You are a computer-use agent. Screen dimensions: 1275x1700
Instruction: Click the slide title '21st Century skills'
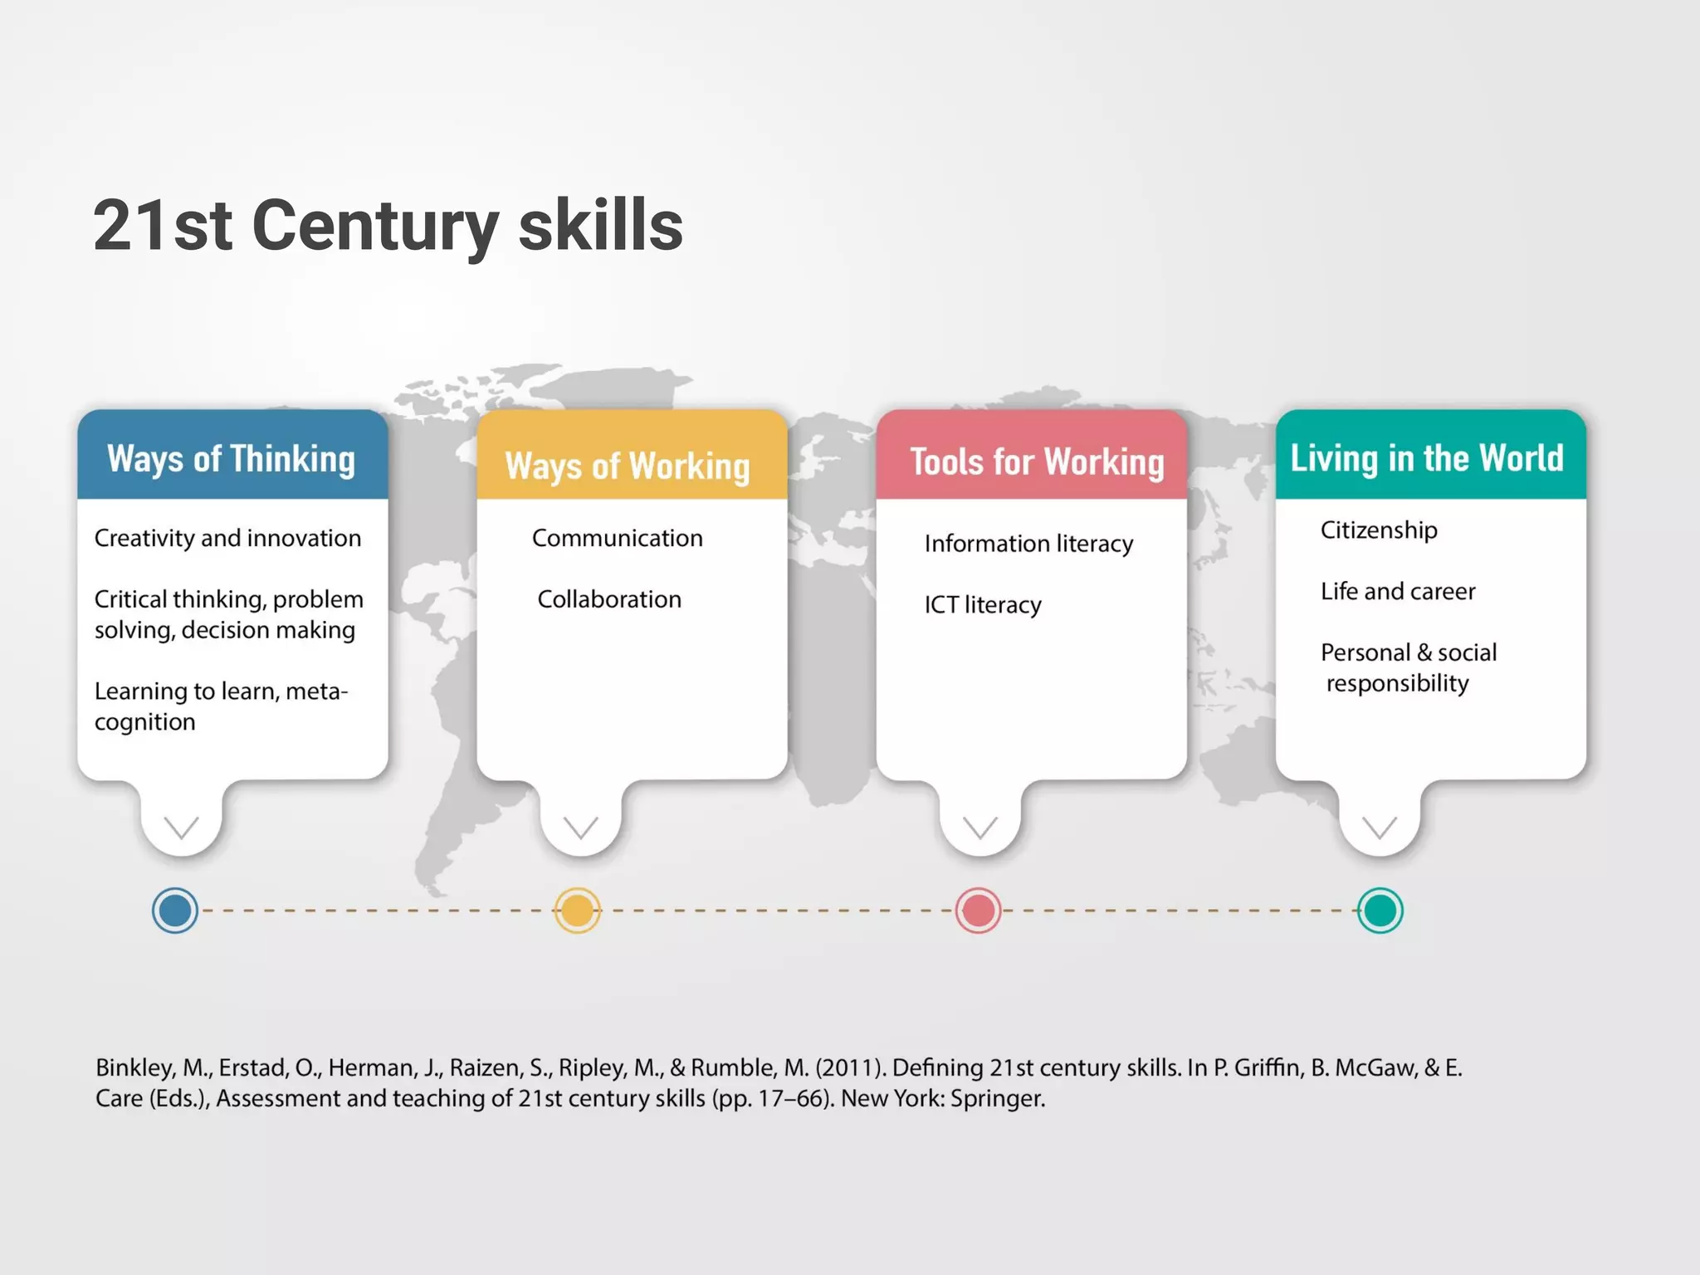(x=388, y=225)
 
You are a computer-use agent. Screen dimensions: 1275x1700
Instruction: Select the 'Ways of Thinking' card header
(x=232, y=458)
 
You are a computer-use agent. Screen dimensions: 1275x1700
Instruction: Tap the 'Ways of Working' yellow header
(x=628, y=465)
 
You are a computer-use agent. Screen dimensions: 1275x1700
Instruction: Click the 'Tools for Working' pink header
(x=1037, y=462)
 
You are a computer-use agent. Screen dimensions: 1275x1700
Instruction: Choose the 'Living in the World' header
(x=1427, y=457)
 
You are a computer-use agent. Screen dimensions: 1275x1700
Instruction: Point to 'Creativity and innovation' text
(x=227, y=538)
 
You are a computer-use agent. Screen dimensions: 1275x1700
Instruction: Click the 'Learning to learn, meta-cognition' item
(x=221, y=706)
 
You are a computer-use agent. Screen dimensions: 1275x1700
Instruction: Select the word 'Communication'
(x=617, y=538)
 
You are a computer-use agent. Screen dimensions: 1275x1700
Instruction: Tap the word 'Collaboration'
(x=609, y=599)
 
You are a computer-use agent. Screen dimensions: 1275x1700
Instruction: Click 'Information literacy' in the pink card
(x=1028, y=544)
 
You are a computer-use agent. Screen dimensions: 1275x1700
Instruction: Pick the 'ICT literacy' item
(x=983, y=605)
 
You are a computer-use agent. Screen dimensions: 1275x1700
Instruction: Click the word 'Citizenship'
(x=1379, y=530)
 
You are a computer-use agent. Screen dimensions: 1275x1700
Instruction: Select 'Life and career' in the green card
(x=1398, y=591)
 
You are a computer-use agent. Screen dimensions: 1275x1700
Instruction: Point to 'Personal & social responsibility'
(x=1409, y=667)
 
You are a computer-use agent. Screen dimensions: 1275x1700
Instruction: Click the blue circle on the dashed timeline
(x=175, y=911)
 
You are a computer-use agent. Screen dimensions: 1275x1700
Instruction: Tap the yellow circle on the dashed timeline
(x=577, y=911)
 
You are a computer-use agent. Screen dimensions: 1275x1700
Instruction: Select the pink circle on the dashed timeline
(x=978, y=911)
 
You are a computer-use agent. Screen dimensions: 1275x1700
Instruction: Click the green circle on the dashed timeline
(x=1380, y=911)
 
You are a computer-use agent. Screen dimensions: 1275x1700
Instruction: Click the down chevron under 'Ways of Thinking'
(x=181, y=827)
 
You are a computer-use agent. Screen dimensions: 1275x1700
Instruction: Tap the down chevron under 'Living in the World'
(x=1380, y=827)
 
